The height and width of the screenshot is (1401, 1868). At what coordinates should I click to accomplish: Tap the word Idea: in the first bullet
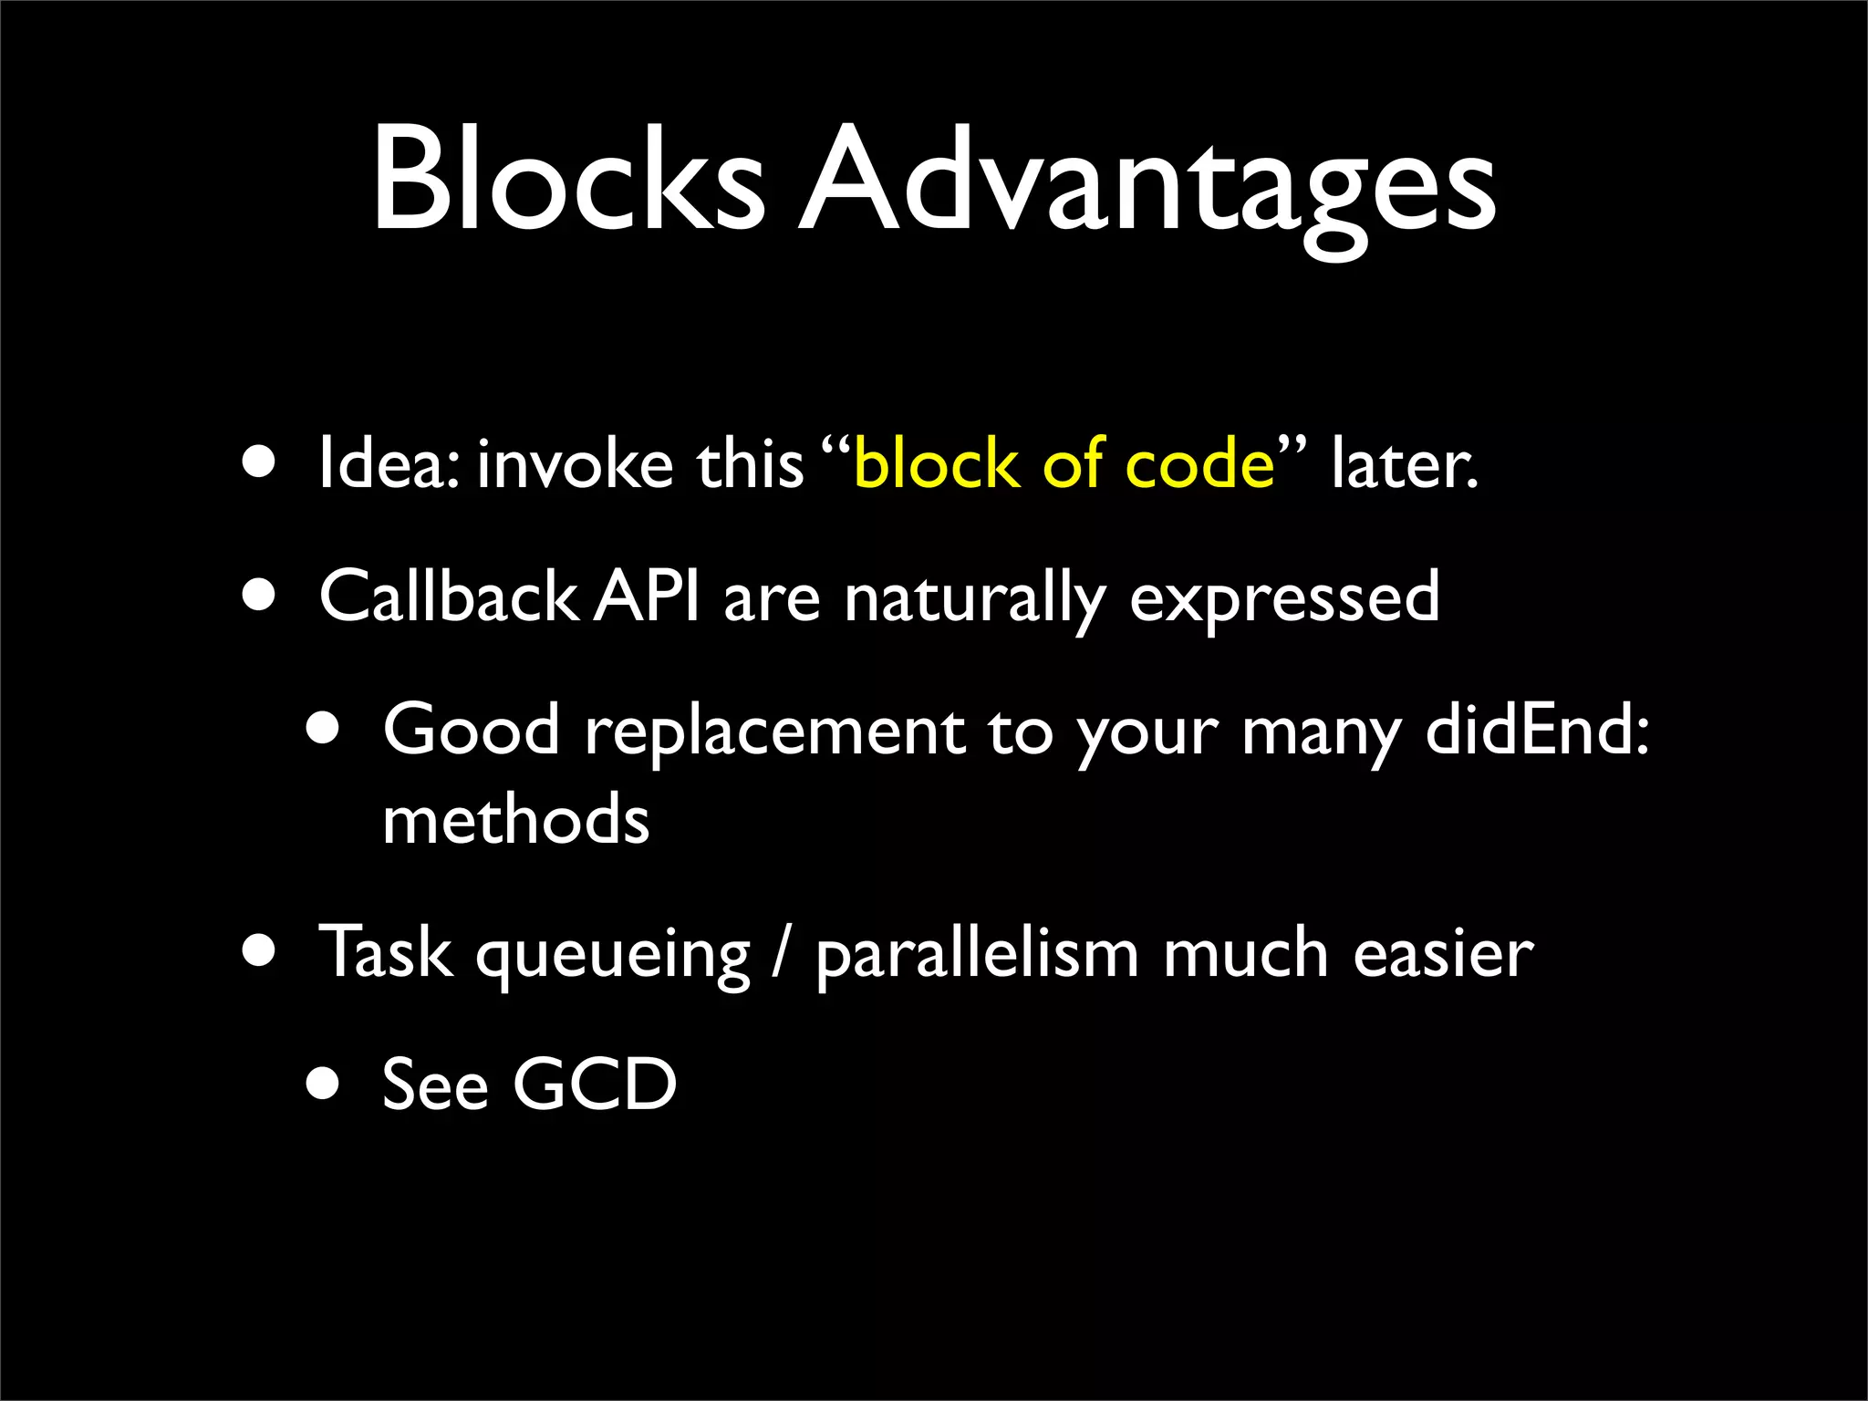coord(393,463)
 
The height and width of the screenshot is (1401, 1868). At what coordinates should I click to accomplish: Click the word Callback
coord(447,596)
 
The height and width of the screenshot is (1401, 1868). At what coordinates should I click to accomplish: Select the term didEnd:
coord(1537,730)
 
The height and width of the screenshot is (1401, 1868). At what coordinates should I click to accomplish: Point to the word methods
coord(515,818)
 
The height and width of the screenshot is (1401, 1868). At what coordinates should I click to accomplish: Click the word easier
coord(1443,953)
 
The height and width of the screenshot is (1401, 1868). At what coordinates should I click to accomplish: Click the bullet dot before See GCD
coord(322,1085)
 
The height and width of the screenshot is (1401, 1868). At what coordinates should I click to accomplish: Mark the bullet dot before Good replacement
coord(322,731)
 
